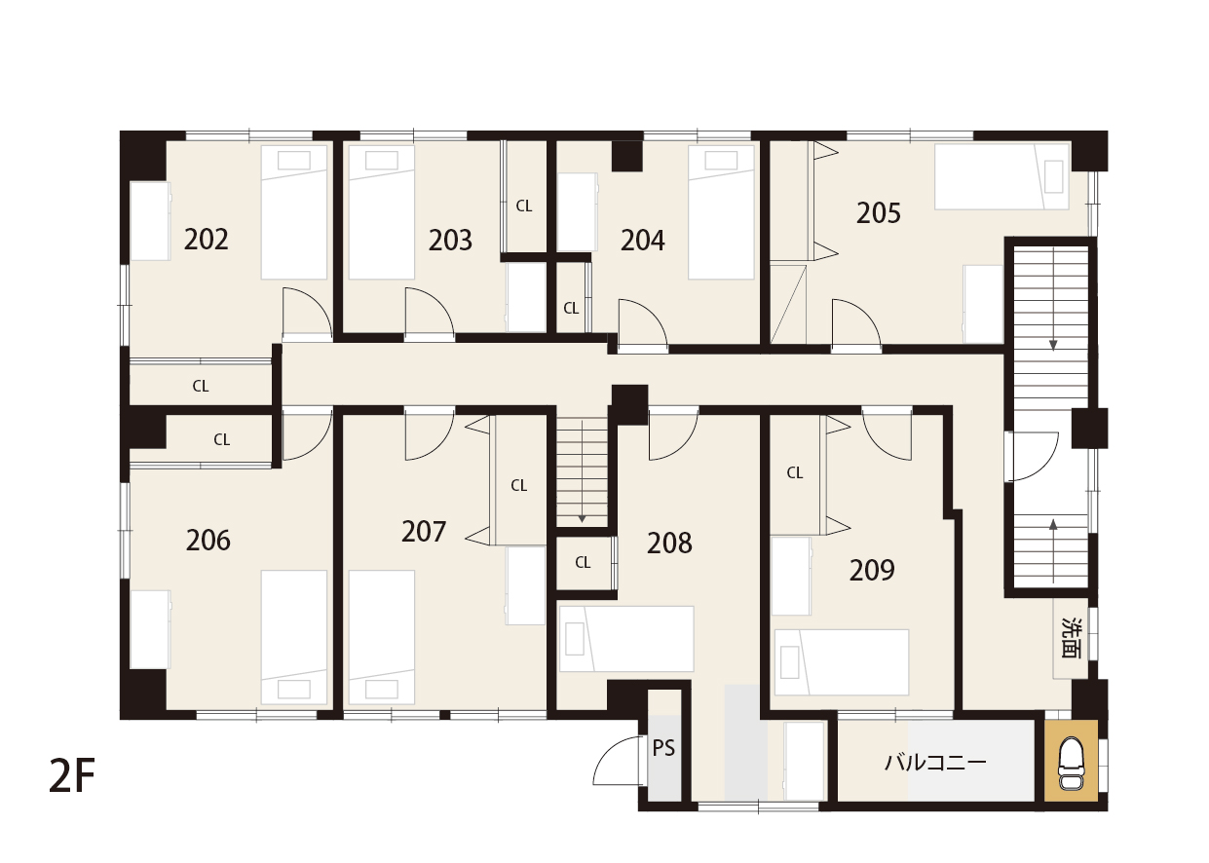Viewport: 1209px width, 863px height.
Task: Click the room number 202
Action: tap(206, 240)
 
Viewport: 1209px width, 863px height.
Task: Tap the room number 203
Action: tap(450, 241)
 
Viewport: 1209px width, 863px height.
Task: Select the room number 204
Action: tap(642, 241)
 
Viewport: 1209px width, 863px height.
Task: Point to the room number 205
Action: tap(878, 213)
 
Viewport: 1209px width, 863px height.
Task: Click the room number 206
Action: tap(208, 541)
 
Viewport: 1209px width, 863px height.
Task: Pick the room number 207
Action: tap(424, 532)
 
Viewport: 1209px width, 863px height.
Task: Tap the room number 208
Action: tap(669, 544)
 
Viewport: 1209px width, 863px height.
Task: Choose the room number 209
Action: tap(872, 571)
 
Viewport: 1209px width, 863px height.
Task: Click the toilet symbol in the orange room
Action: tap(1071, 764)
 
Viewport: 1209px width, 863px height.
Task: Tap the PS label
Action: tap(663, 748)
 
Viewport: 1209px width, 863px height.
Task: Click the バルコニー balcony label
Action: tap(935, 762)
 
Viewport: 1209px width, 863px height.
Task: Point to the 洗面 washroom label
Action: tap(1072, 638)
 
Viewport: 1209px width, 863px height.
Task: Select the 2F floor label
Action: tap(72, 776)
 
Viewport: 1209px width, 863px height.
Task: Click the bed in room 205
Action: tap(1001, 176)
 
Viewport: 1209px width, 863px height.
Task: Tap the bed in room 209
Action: tap(842, 662)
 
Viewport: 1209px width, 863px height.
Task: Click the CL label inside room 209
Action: tap(795, 473)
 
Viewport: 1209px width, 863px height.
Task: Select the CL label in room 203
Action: tap(524, 206)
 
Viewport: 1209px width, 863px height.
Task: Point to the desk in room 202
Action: tap(150, 221)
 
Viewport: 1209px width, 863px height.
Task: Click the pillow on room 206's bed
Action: tap(294, 690)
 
